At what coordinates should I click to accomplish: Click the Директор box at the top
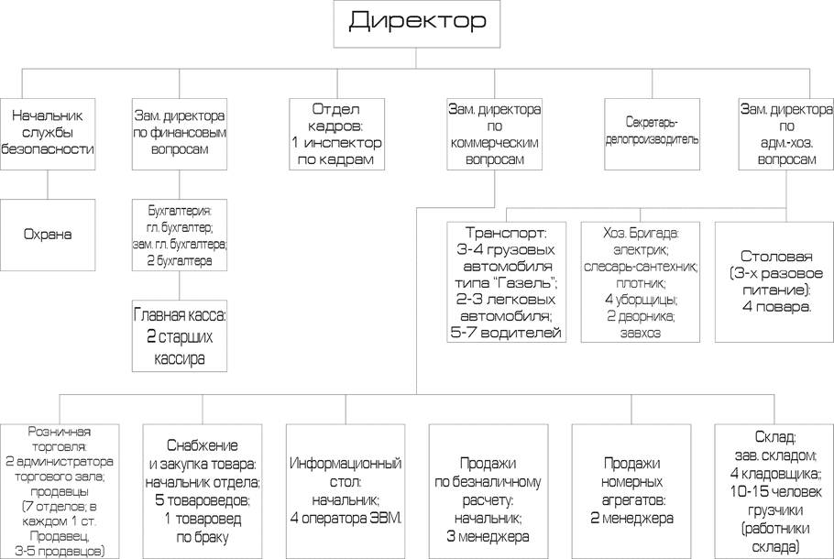point(416,24)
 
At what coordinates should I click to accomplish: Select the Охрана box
point(48,235)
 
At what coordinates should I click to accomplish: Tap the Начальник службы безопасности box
point(48,134)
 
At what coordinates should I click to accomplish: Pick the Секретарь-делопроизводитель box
point(653,134)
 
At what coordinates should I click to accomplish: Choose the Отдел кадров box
point(336,134)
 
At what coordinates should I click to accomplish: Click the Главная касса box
point(180,335)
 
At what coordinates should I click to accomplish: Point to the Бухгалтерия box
point(180,235)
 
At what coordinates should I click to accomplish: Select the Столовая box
point(774,282)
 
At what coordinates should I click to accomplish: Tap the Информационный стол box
point(346,491)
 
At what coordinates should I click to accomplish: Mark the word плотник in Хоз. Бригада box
point(641,283)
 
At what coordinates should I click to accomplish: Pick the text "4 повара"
point(776,307)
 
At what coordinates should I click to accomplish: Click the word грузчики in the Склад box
point(775,510)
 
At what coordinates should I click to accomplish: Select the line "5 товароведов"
point(203,500)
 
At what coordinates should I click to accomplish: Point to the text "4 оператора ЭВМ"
point(346,518)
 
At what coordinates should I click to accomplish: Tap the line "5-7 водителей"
point(506,333)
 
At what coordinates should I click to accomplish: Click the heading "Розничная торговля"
point(59,439)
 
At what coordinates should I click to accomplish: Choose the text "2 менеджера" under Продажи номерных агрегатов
point(631,518)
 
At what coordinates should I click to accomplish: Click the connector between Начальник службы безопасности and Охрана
point(48,184)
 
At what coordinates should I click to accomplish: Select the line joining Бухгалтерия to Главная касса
point(180,286)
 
